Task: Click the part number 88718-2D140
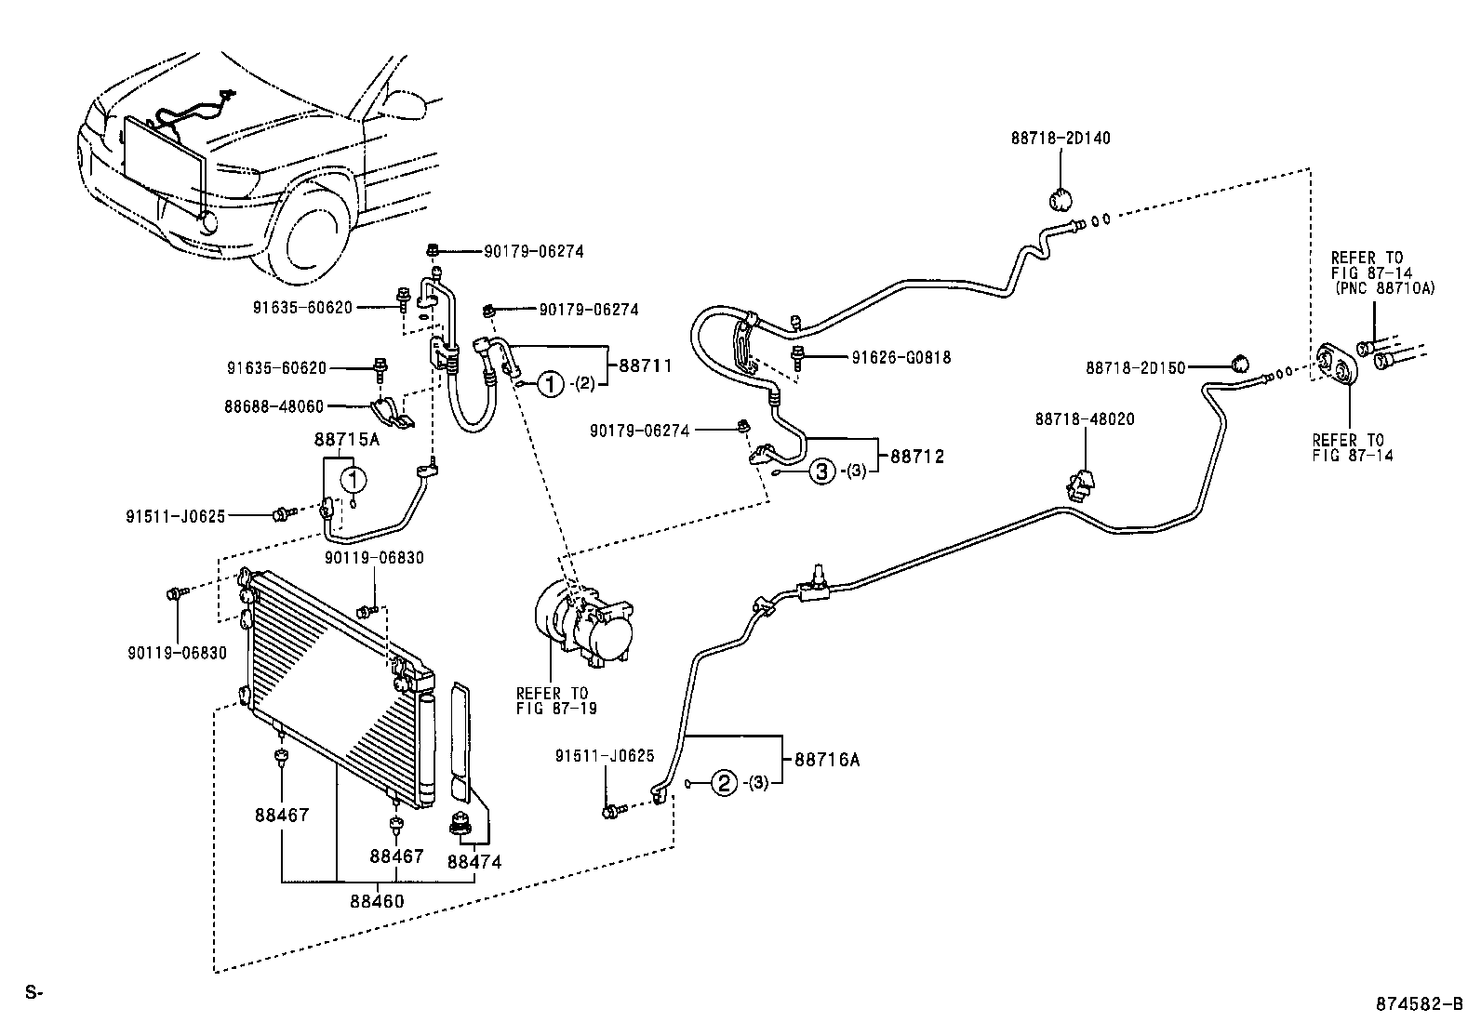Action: (x=1061, y=139)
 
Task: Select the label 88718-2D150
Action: (x=1135, y=368)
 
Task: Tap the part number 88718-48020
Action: (x=1084, y=419)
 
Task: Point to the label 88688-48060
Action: (x=274, y=405)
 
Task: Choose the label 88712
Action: (x=917, y=456)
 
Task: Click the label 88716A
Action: (x=827, y=760)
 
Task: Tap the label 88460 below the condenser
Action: (x=377, y=900)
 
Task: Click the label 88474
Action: (x=474, y=862)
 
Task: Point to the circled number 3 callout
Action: (x=821, y=471)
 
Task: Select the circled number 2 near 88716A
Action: (x=725, y=783)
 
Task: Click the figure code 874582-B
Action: (x=1420, y=1004)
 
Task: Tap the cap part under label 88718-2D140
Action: (x=1060, y=199)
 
